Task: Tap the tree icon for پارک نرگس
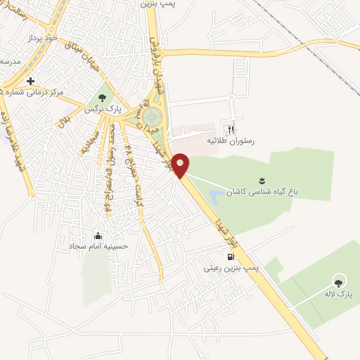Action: point(103,97)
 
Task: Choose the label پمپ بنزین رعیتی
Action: point(231,268)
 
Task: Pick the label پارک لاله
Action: point(338,295)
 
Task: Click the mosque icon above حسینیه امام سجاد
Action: point(97,236)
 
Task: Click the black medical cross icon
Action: point(30,80)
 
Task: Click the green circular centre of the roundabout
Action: point(153,116)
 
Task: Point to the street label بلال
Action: point(65,121)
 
